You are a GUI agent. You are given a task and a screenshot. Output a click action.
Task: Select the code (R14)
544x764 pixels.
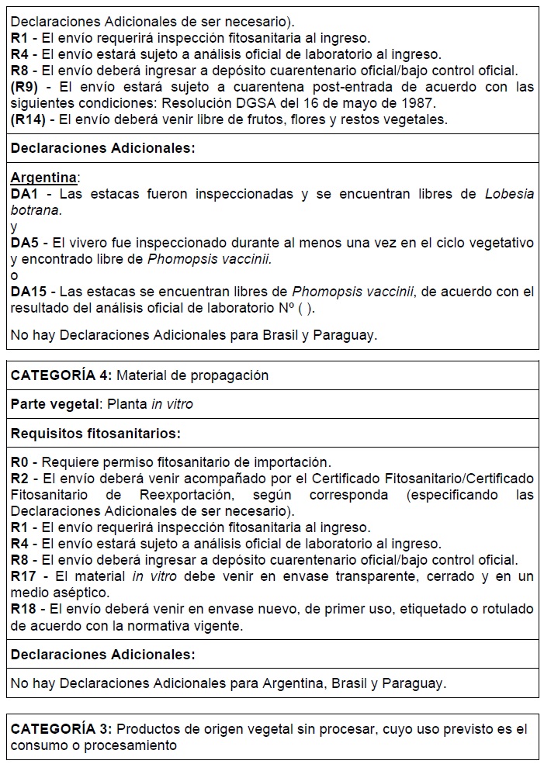(x=30, y=119)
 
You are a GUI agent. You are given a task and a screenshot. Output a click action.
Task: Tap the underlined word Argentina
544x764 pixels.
(x=44, y=178)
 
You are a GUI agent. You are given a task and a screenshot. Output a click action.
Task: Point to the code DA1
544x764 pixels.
(x=25, y=194)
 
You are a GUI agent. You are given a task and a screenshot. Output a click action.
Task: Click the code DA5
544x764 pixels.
(x=25, y=243)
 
